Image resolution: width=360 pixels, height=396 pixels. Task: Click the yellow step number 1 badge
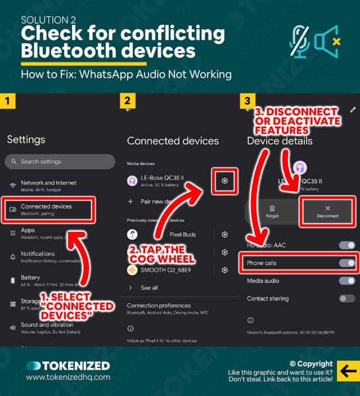pyautogui.click(x=8, y=102)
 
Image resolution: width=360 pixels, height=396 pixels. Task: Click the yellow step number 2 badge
pyautogui.click(x=128, y=102)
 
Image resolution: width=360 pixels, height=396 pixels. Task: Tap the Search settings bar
pyautogui.click(x=60, y=161)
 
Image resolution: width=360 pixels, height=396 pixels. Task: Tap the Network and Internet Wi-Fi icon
pyautogui.click(x=12, y=186)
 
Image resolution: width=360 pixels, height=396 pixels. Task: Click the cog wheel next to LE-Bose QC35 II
pyautogui.click(x=224, y=181)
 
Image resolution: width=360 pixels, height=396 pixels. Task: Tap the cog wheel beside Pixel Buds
pyautogui.click(x=224, y=235)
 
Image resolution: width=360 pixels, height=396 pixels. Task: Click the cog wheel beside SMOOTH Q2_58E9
pyautogui.click(x=224, y=270)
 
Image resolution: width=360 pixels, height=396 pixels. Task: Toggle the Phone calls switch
pyautogui.click(x=346, y=263)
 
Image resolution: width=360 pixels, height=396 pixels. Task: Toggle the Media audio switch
pyautogui.click(x=346, y=281)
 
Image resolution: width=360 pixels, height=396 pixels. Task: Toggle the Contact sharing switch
pyautogui.click(x=346, y=299)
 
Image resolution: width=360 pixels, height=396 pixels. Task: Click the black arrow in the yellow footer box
pyautogui.click(x=347, y=371)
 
